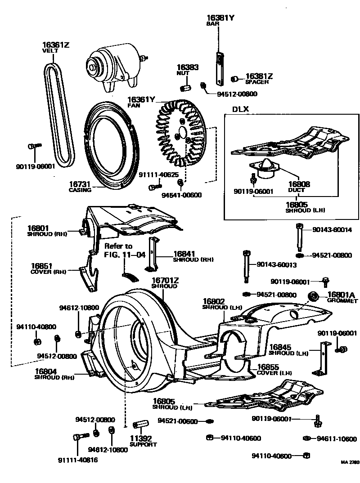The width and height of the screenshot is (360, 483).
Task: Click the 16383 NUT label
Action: [187, 69]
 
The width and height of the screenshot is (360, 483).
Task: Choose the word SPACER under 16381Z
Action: [257, 82]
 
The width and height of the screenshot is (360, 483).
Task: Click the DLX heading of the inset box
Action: [240, 109]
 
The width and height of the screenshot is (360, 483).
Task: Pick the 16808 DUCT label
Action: [296, 187]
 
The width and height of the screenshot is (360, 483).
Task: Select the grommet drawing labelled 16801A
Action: [312, 296]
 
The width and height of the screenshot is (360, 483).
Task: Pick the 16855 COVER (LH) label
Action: [274, 370]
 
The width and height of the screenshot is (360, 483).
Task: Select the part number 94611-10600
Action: [336, 439]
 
